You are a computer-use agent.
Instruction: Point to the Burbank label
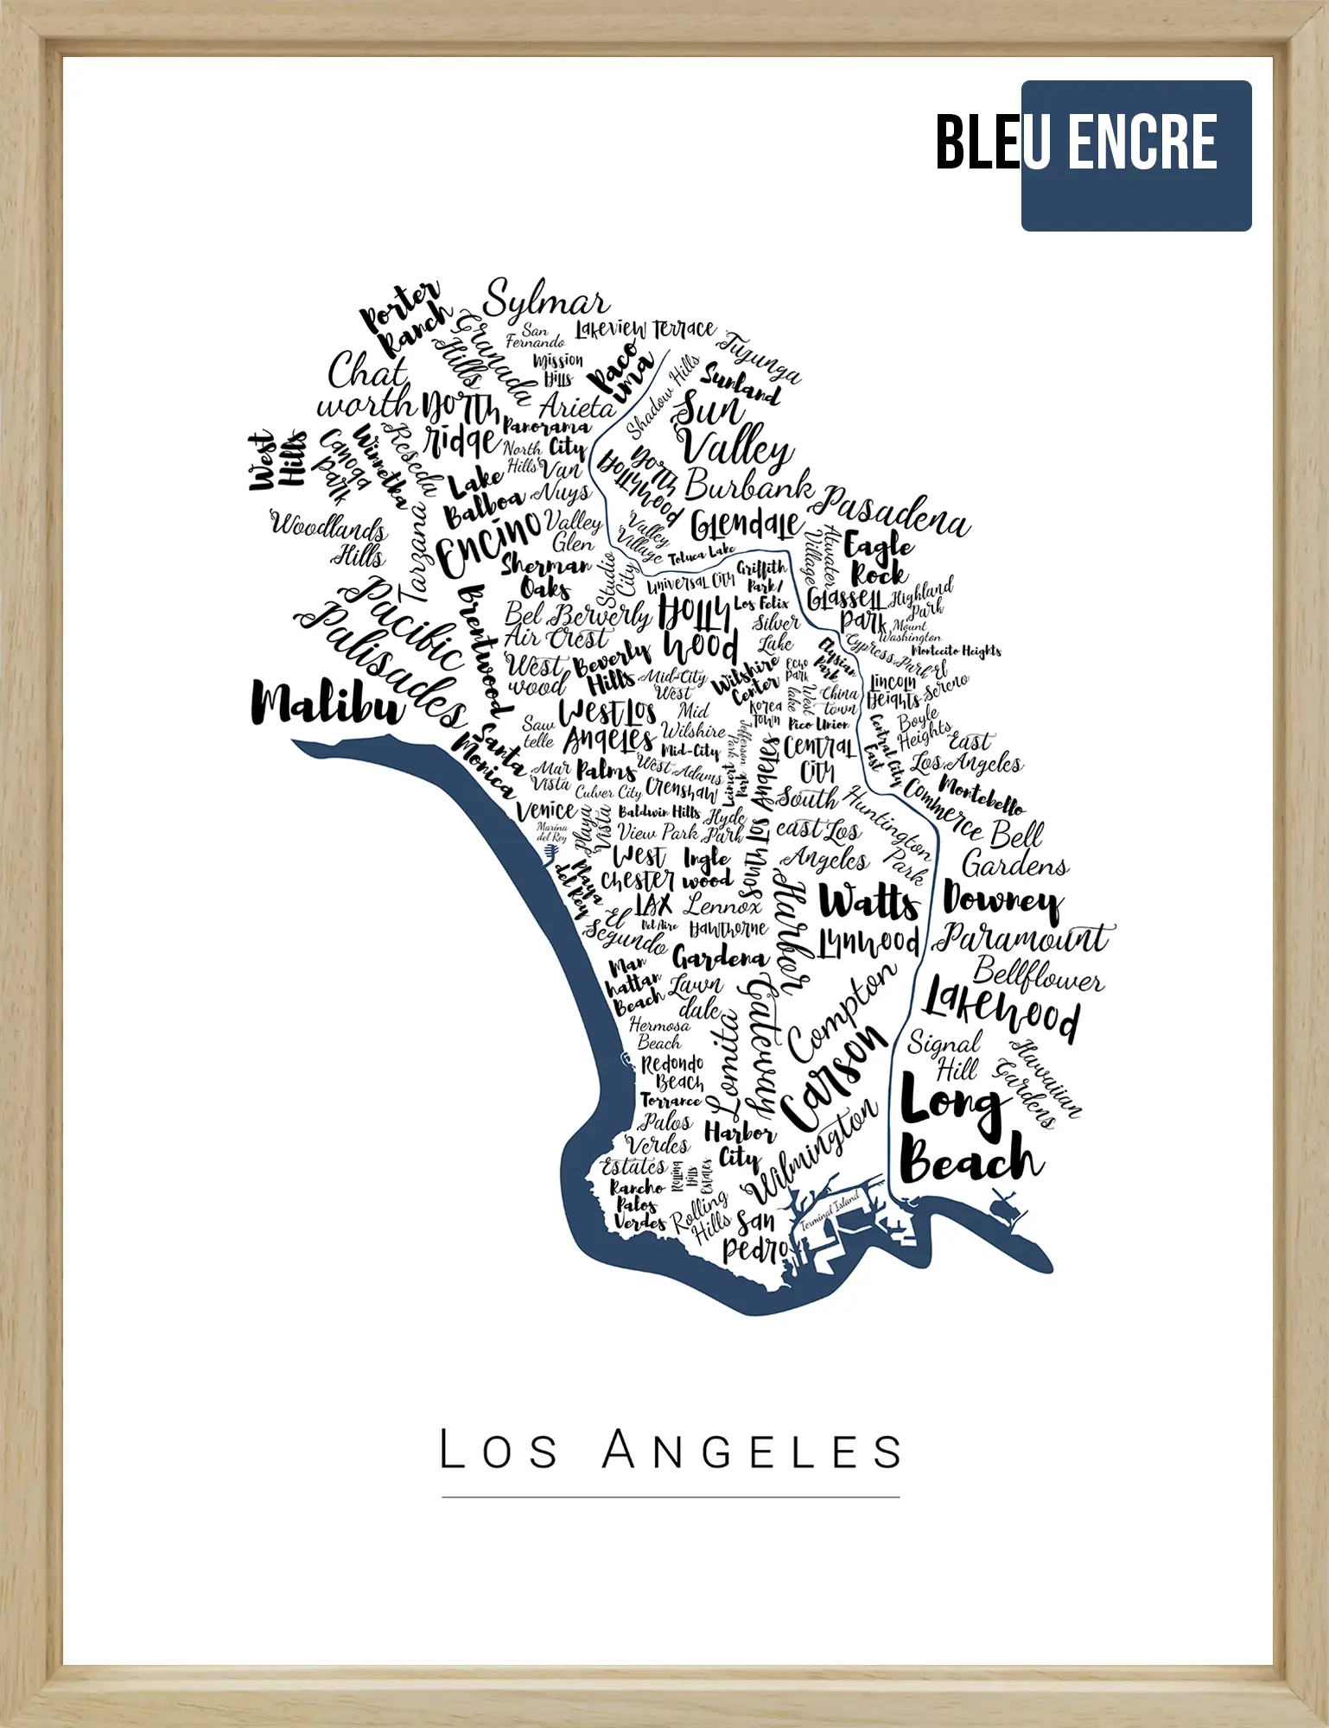point(748,486)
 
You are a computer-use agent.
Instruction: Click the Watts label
point(868,902)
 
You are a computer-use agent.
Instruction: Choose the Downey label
point(1002,901)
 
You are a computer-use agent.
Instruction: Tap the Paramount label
point(1024,937)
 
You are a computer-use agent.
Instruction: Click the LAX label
point(653,905)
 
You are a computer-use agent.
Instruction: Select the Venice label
point(546,810)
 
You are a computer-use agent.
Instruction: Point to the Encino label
point(488,541)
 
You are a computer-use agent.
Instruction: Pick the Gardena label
point(720,957)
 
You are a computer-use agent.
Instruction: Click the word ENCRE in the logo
point(1142,143)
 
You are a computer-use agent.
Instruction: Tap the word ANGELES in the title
point(753,1451)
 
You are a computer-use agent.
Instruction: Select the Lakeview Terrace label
point(645,329)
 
